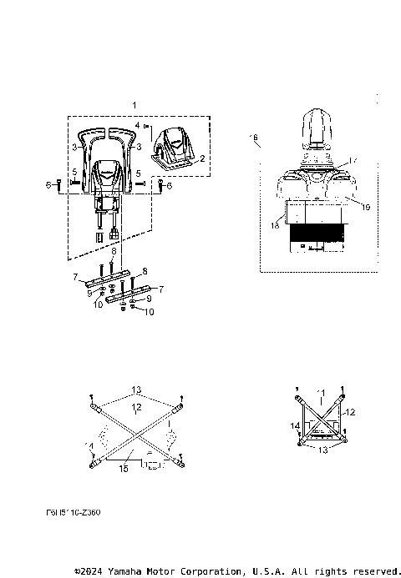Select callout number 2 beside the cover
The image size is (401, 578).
[x=201, y=157]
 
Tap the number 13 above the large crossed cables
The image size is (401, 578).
[x=135, y=389]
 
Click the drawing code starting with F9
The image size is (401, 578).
[x=73, y=512]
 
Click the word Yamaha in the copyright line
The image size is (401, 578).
[x=126, y=571]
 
